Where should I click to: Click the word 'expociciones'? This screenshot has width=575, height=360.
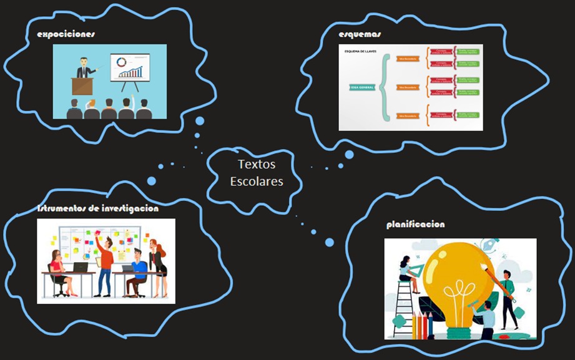pos(66,34)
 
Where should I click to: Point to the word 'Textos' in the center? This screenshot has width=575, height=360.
pos(256,165)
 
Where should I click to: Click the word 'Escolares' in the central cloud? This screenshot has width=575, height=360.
pos(256,182)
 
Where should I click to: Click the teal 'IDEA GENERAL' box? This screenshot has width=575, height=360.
pos(362,87)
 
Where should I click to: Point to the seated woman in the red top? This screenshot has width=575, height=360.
pos(57,271)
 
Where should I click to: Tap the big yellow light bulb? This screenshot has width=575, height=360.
pos(461,275)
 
